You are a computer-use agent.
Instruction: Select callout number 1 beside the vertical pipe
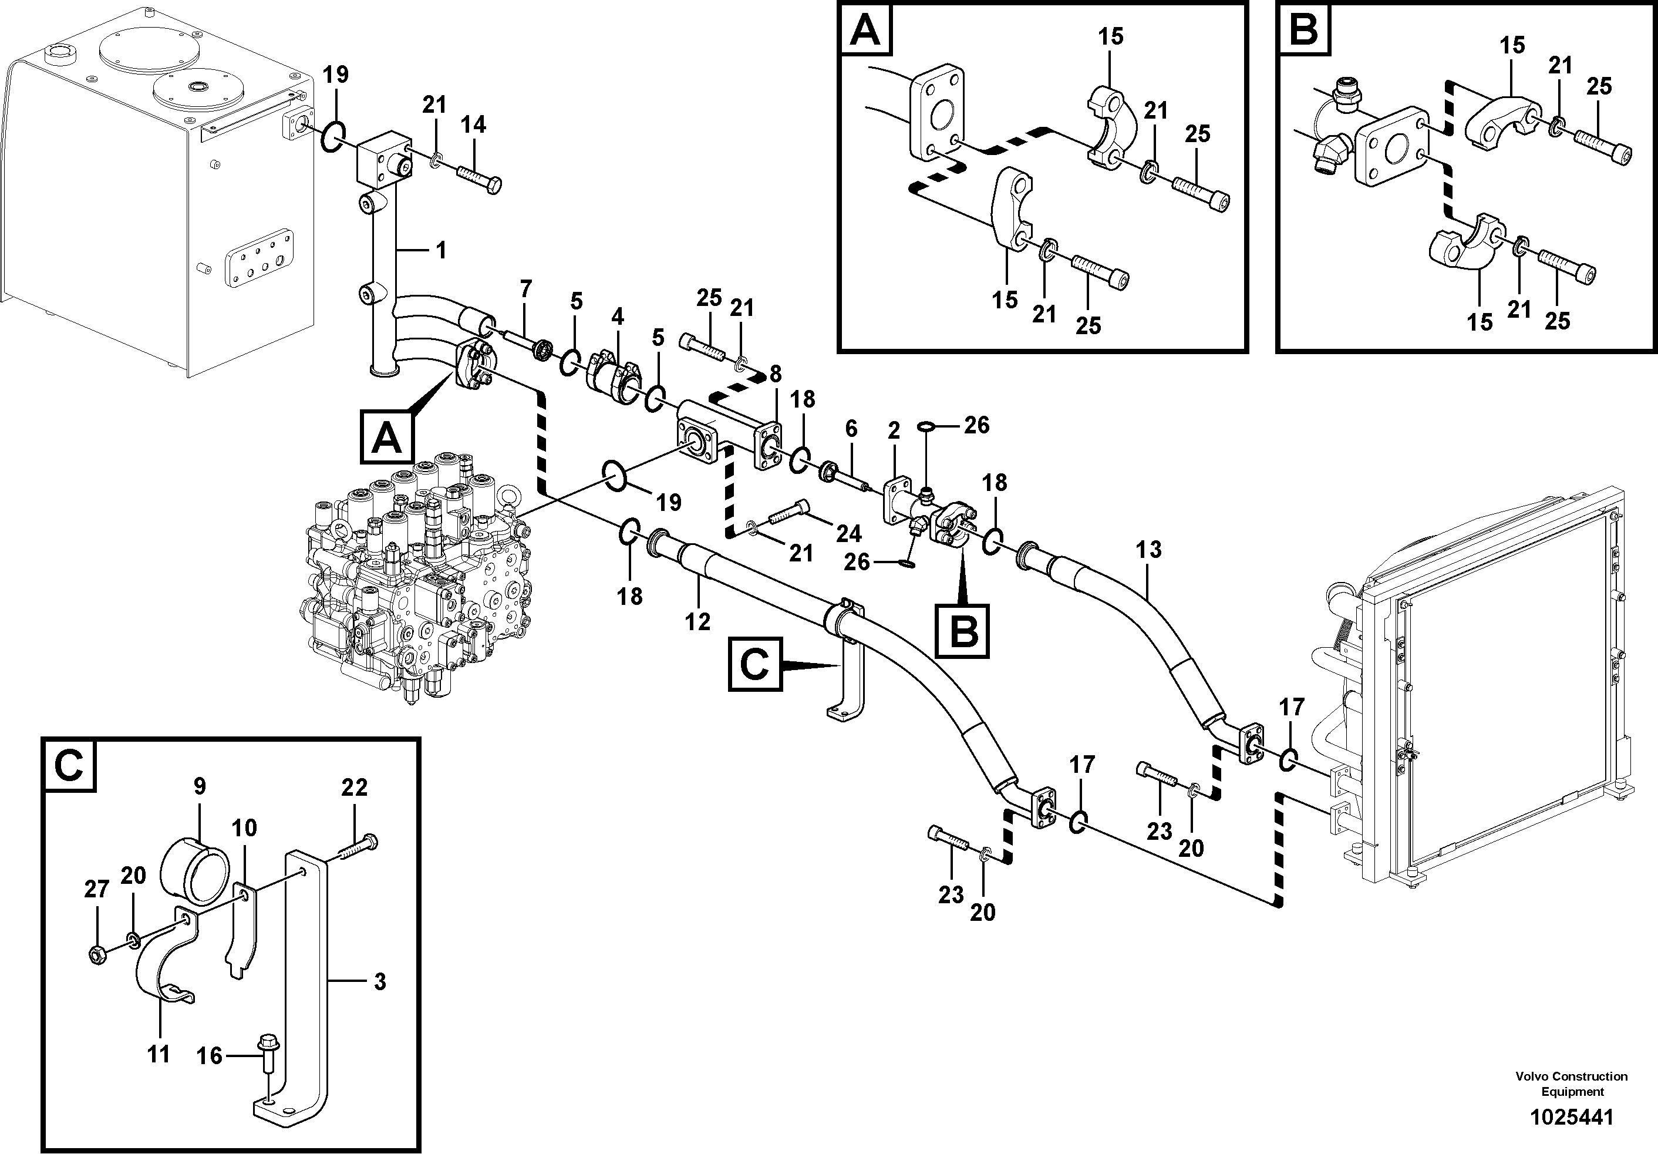440,251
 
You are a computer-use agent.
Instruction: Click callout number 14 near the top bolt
473,125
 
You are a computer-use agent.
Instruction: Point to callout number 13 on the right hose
1148,550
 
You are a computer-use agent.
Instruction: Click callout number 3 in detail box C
380,982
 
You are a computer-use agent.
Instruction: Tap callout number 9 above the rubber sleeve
200,786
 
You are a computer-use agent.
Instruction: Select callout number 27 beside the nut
97,889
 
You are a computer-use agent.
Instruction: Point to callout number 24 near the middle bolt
848,534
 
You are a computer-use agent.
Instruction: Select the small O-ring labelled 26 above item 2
926,428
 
